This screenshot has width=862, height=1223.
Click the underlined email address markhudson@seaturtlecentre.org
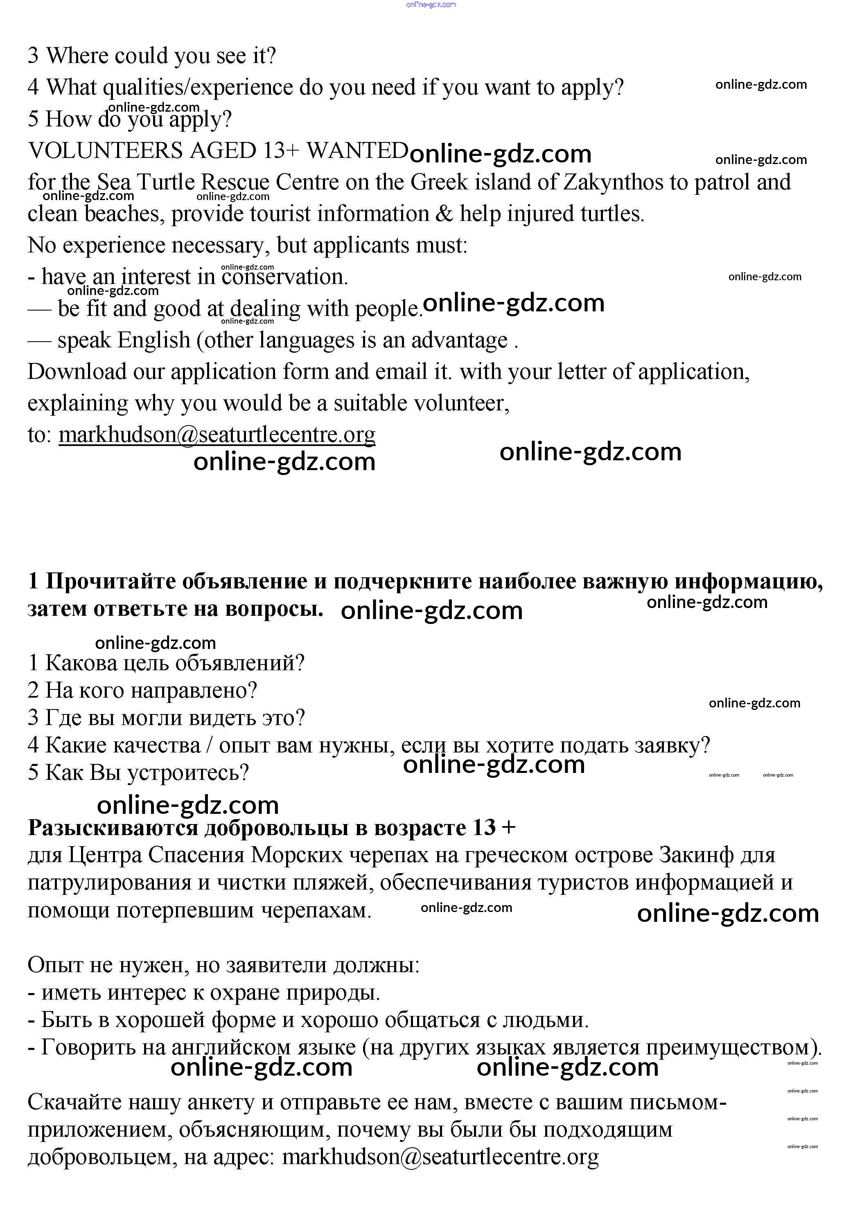point(217,435)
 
